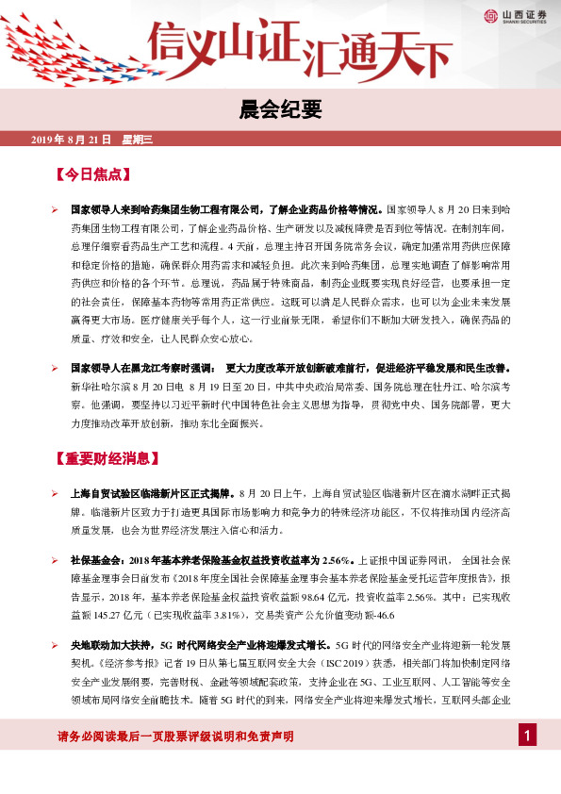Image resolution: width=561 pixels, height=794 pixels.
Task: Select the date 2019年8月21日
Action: [71, 140]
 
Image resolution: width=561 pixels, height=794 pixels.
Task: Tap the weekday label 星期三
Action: [138, 140]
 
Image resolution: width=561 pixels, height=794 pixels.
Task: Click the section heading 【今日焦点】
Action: [91, 174]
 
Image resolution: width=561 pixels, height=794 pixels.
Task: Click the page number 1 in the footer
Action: [529, 735]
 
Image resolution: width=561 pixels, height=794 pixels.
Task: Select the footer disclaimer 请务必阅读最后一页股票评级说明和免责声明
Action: [162, 736]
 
